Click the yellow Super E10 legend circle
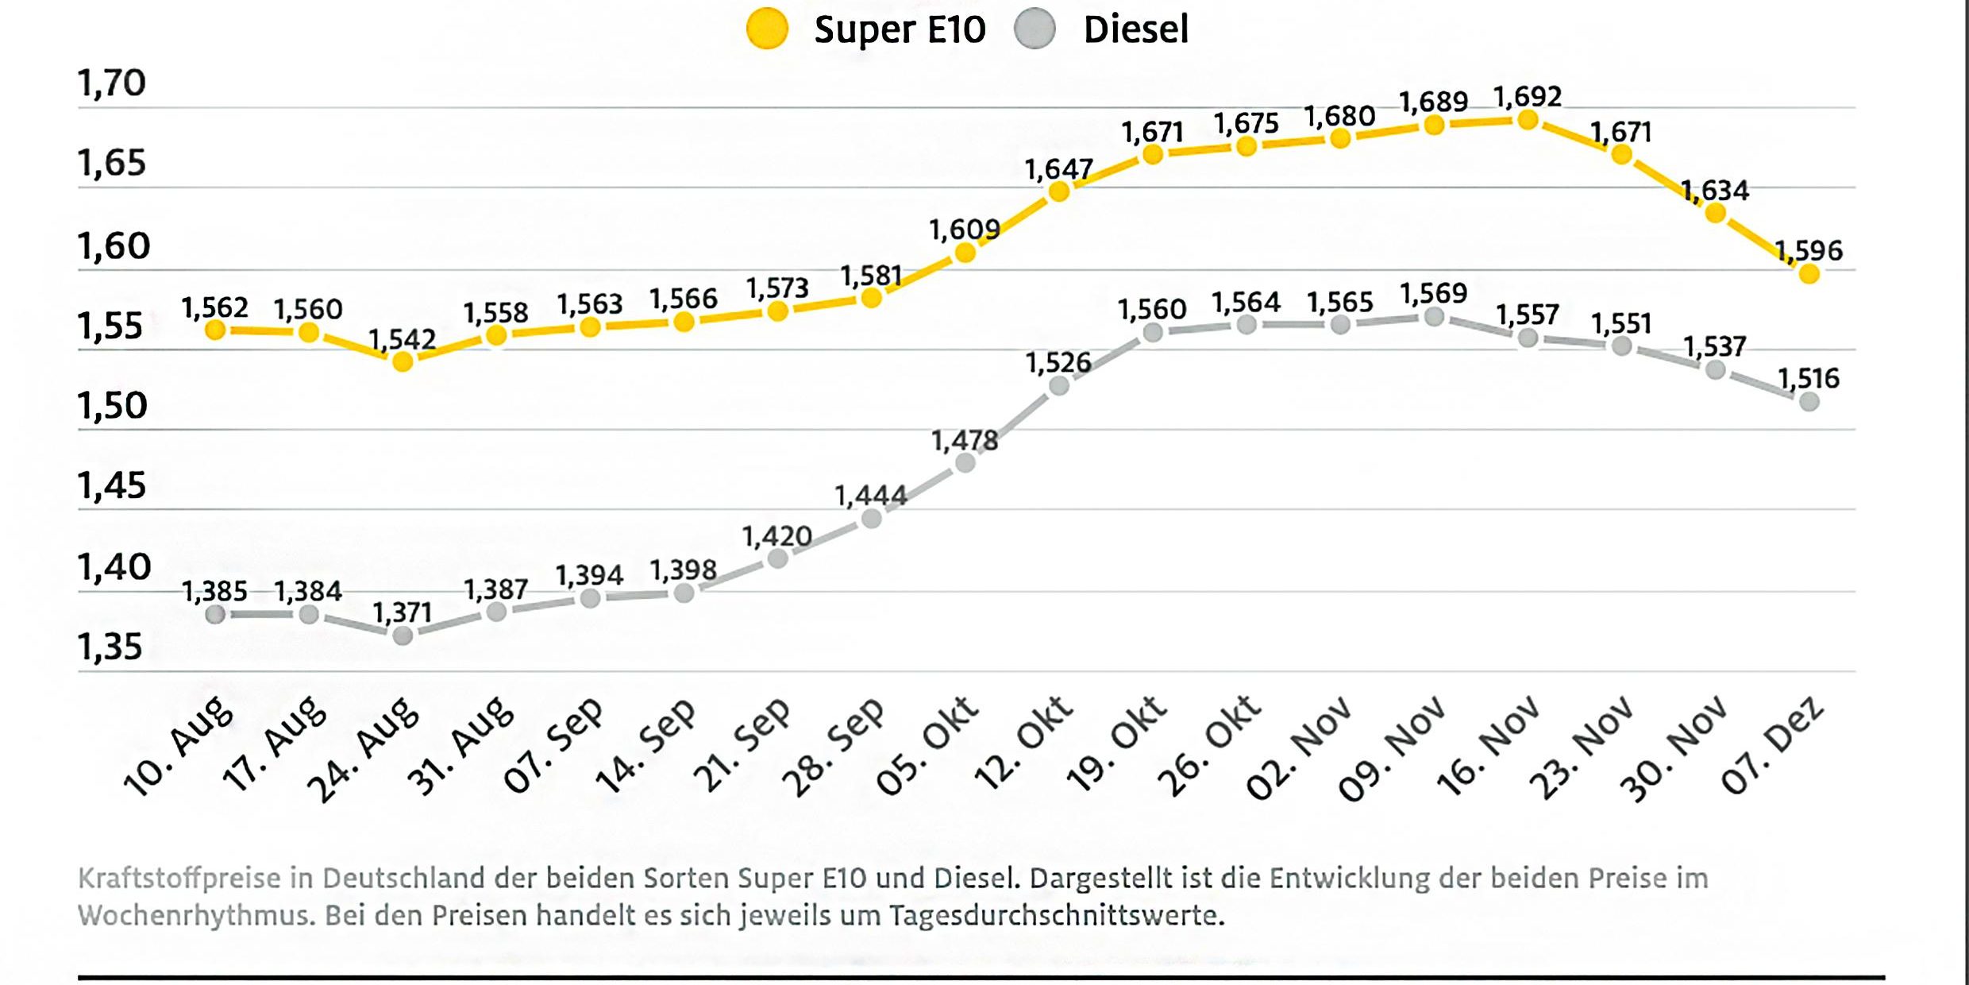point(767,29)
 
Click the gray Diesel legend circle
point(1035,29)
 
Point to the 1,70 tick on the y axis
point(112,83)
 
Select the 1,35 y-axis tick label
point(110,647)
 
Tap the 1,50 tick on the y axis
point(112,406)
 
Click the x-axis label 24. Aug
point(363,750)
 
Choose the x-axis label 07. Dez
point(1771,746)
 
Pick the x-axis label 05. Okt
point(927,746)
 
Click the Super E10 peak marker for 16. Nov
point(1528,121)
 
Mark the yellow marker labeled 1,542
point(403,361)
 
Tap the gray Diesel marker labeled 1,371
point(403,635)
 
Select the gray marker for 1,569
point(1434,317)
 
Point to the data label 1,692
point(1528,97)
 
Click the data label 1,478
point(964,440)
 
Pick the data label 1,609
point(964,230)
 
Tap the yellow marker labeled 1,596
point(1809,274)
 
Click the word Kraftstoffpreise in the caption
point(179,879)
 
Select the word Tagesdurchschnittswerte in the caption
point(1056,916)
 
